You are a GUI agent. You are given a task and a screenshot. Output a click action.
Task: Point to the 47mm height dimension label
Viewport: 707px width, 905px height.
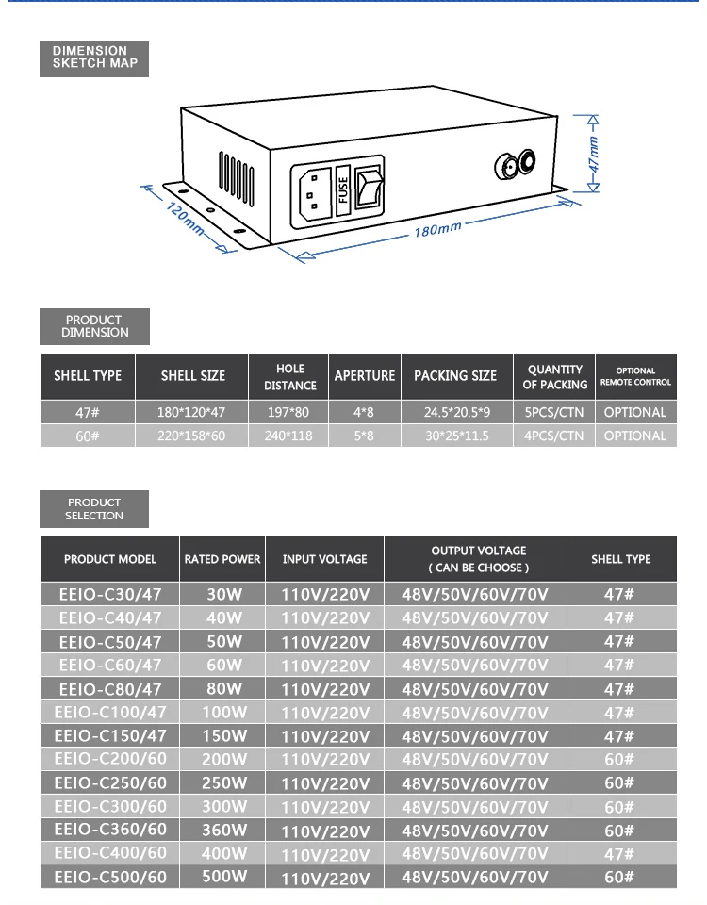click(593, 154)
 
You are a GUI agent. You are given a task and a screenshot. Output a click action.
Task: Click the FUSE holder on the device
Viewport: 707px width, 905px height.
click(343, 189)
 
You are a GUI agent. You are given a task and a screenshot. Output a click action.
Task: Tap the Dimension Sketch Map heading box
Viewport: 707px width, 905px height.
click(94, 58)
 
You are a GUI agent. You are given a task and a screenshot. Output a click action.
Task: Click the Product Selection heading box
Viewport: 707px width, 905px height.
click(94, 509)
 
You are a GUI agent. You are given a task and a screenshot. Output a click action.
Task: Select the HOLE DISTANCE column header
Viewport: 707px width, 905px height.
click(290, 377)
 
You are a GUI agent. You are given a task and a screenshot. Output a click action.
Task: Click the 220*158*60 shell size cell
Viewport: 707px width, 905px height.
click(192, 436)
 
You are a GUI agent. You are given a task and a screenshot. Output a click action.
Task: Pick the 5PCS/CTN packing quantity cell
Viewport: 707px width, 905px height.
click(555, 412)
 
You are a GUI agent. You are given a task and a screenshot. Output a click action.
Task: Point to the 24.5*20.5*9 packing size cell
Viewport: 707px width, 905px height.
click(456, 412)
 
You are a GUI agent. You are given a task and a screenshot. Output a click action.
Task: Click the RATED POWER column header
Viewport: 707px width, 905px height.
click(222, 559)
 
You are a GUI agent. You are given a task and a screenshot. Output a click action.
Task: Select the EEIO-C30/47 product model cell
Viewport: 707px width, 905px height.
click(110, 594)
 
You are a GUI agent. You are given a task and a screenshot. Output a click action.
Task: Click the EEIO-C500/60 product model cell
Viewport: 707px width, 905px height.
click(110, 877)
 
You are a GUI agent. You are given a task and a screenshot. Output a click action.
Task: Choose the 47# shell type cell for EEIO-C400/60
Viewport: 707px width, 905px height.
click(619, 853)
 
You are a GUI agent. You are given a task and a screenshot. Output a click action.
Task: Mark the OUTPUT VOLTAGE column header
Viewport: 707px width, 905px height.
click(478, 559)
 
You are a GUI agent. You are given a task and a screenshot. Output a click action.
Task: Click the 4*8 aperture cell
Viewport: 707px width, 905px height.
click(364, 412)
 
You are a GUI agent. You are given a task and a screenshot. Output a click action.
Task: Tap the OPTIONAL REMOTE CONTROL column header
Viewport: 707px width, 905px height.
click(635, 377)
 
